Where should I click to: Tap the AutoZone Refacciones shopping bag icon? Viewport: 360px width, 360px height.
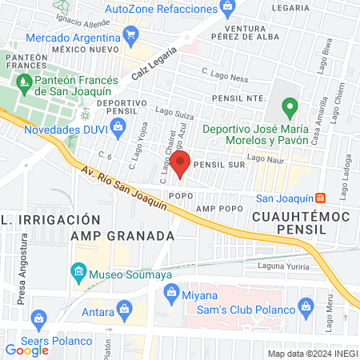[228, 8]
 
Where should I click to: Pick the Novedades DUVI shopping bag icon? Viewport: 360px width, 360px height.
[118, 125]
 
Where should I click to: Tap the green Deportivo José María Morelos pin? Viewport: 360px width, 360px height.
[290, 107]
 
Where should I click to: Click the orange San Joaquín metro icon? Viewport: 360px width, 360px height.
[321, 198]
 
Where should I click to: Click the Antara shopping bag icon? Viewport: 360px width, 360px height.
[124, 308]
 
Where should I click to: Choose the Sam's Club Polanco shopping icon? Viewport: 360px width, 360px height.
[305, 305]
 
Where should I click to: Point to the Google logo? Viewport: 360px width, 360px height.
[27, 350]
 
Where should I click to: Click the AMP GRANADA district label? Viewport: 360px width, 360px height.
[122, 236]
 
